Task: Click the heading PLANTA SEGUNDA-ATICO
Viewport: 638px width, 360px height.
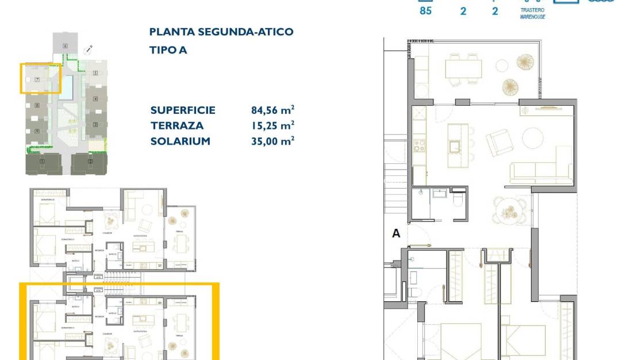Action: click(221, 32)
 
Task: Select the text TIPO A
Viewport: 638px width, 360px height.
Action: click(168, 50)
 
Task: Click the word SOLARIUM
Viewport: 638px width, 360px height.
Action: click(180, 141)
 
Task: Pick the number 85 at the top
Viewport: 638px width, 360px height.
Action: click(425, 10)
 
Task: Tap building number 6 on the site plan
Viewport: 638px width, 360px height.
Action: click(66, 45)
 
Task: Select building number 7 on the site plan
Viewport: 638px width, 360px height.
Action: click(37, 80)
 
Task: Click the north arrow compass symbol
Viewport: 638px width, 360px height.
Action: click(88, 50)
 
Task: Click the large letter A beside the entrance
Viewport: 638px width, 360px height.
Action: click(395, 233)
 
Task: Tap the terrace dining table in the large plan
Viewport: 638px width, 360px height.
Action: click(463, 69)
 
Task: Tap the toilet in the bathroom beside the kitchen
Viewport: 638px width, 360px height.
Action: click(458, 201)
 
